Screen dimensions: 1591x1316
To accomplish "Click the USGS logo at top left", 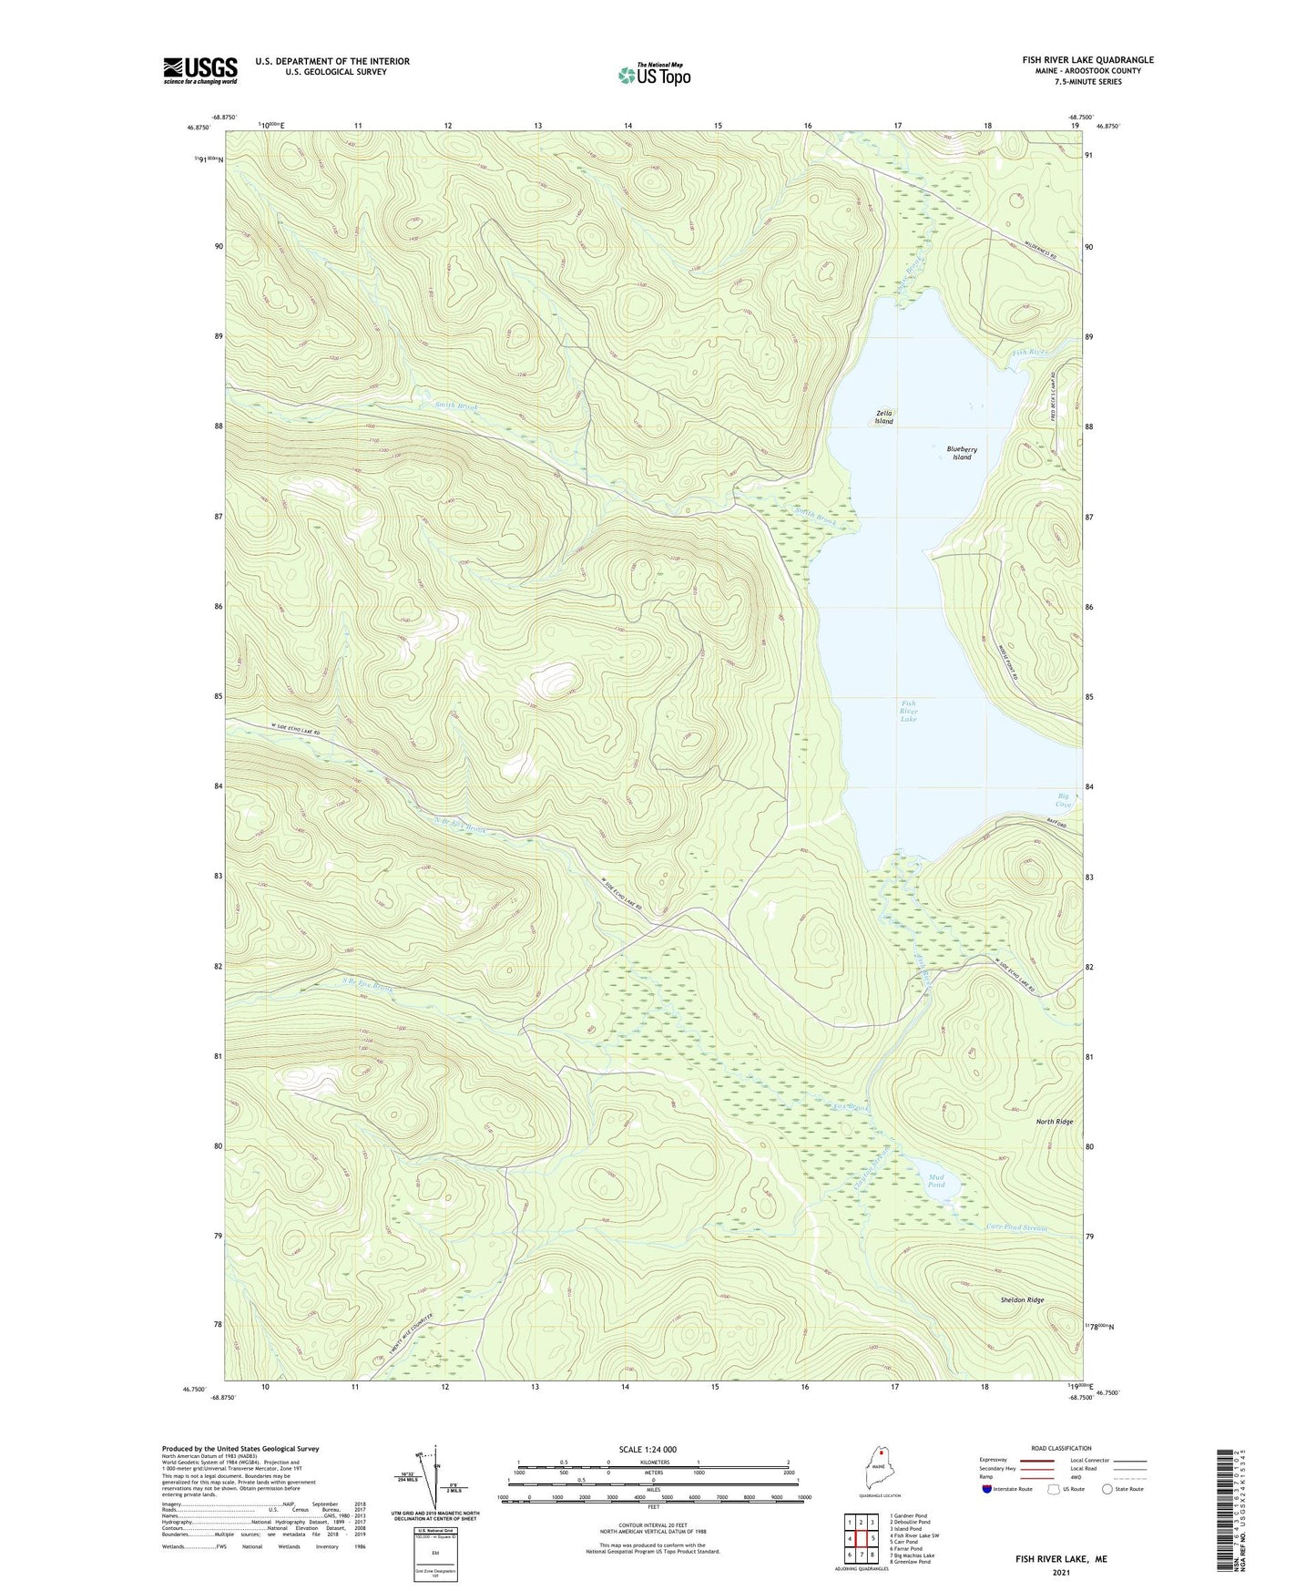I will tap(200, 70).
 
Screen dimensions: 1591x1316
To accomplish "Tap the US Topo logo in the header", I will tap(654, 75).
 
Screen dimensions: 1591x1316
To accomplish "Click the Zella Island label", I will tap(883, 417).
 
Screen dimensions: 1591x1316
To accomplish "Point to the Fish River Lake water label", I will tap(908, 711).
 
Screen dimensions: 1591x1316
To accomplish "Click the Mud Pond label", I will tap(935, 1181).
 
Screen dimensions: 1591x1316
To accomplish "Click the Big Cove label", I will tap(1064, 800).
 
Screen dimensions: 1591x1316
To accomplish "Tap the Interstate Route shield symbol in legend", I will tap(987, 1489).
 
